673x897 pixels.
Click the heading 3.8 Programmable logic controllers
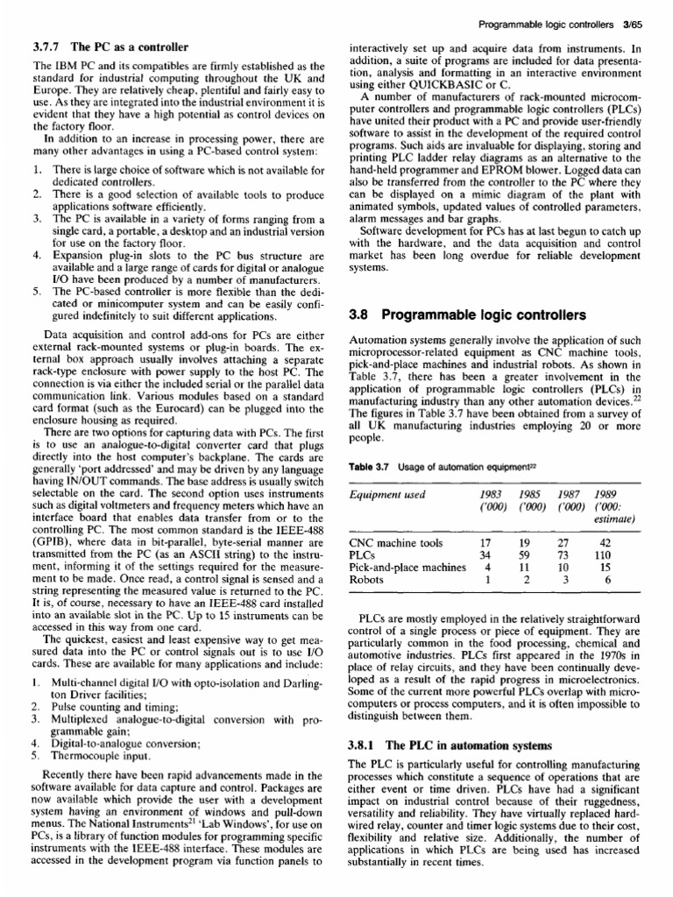pos(468,314)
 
